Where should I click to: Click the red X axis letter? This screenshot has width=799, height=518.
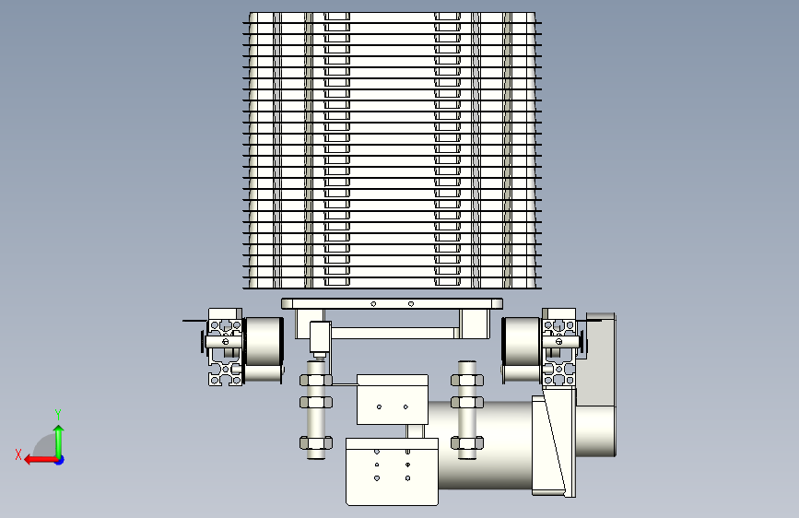click(18, 454)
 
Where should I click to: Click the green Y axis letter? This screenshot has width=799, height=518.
click(58, 414)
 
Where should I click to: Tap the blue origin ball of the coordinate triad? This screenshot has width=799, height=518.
click(60, 460)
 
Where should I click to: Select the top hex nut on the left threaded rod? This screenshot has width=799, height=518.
click(316, 381)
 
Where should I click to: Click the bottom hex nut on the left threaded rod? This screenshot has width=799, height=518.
click(316, 442)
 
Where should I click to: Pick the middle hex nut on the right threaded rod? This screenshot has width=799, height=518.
click(466, 402)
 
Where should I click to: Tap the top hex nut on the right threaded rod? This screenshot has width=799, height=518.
click(466, 381)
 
